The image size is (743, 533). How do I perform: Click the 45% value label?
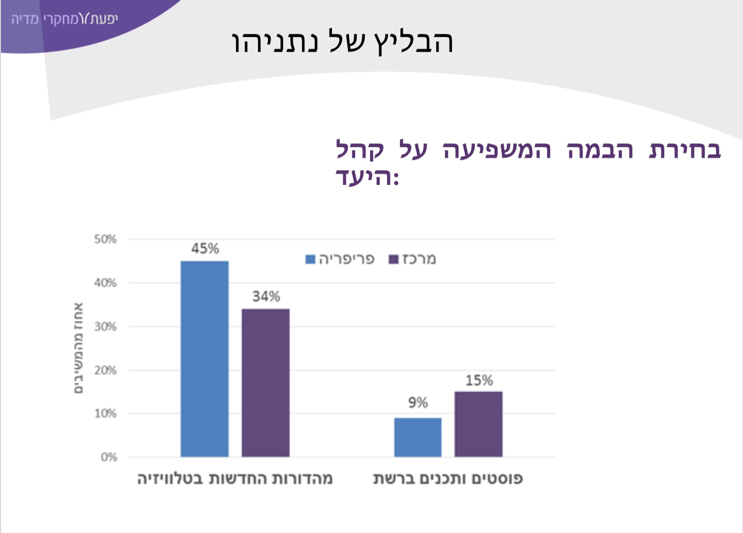click(x=205, y=249)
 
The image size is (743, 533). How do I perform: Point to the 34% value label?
click(x=266, y=296)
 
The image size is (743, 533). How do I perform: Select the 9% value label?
click(x=418, y=403)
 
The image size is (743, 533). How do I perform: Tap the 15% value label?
click(x=479, y=380)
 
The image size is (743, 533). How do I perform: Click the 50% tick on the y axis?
click(x=105, y=239)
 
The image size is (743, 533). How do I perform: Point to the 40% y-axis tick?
click(x=105, y=283)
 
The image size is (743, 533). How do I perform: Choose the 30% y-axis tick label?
click(x=105, y=326)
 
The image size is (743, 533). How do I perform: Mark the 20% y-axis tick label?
click(x=105, y=370)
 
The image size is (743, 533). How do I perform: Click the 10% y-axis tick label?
click(x=105, y=414)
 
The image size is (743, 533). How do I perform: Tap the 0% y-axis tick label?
click(x=109, y=457)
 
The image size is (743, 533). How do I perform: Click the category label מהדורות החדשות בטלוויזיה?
click(x=235, y=479)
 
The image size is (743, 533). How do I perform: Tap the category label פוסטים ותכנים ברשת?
click(x=448, y=479)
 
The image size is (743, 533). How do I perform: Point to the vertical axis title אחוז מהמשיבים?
click(x=78, y=348)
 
